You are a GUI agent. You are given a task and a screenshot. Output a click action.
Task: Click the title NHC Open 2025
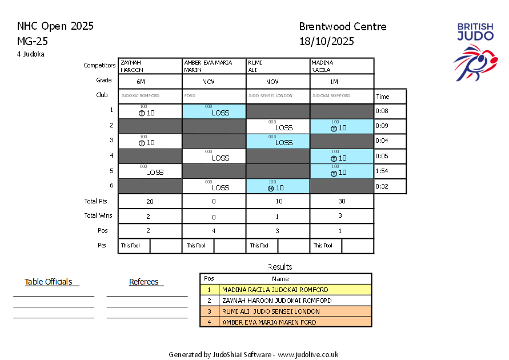55,26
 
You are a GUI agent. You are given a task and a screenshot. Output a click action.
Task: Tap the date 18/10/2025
326,41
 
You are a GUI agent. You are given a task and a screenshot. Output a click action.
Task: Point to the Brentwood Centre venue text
342,27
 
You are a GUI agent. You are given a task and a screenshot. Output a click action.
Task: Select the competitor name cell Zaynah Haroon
150,66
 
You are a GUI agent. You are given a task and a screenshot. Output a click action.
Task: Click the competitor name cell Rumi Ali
278,66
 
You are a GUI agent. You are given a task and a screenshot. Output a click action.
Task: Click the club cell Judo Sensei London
278,96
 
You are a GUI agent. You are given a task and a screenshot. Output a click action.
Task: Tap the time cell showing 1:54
390,171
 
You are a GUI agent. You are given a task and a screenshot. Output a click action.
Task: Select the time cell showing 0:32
390,186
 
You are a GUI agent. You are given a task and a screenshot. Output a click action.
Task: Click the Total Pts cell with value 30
342,201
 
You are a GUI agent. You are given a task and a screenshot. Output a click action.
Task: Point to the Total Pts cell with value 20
150,201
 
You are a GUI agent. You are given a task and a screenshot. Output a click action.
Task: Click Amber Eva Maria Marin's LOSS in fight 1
214,112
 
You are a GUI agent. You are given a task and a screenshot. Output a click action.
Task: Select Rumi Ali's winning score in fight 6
278,186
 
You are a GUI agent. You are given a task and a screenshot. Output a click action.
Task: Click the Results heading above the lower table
280,267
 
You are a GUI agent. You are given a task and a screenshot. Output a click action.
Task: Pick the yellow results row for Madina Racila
286,290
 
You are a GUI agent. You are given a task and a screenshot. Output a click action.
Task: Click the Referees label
146,282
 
